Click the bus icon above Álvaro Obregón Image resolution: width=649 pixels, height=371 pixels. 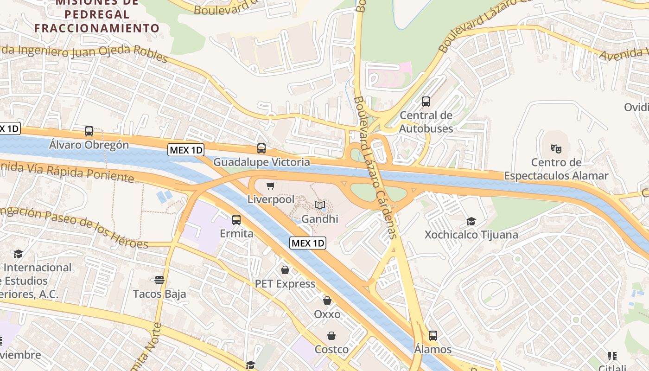click(x=89, y=131)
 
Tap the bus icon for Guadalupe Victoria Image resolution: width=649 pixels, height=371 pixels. click(x=261, y=148)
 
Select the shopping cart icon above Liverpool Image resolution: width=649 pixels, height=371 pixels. click(x=271, y=186)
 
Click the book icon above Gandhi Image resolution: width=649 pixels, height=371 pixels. click(x=320, y=205)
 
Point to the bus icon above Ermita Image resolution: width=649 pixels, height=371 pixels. click(x=236, y=219)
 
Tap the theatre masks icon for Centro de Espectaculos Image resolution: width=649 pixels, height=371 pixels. click(x=556, y=148)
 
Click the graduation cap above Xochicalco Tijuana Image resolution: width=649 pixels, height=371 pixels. click(x=471, y=221)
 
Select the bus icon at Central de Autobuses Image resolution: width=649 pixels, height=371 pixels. click(x=426, y=101)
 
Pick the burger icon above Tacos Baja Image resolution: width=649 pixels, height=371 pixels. click(x=159, y=280)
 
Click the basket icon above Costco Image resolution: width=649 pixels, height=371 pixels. click(x=331, y=335)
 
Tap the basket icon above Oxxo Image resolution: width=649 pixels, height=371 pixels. click(x=327, y=301)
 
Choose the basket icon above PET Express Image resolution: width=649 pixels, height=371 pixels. click(x=285, y=269)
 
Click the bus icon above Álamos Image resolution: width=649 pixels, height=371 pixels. click(x=433, y=335)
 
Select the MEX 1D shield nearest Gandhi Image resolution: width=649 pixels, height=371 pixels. click(x=308, y=243)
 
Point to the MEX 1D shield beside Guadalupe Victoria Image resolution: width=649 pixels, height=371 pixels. click(x=186, y=150)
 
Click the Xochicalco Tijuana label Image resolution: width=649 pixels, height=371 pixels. click(x=471, y=235)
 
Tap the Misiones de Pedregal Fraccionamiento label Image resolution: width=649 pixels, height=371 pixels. click(x=97, y=15)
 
